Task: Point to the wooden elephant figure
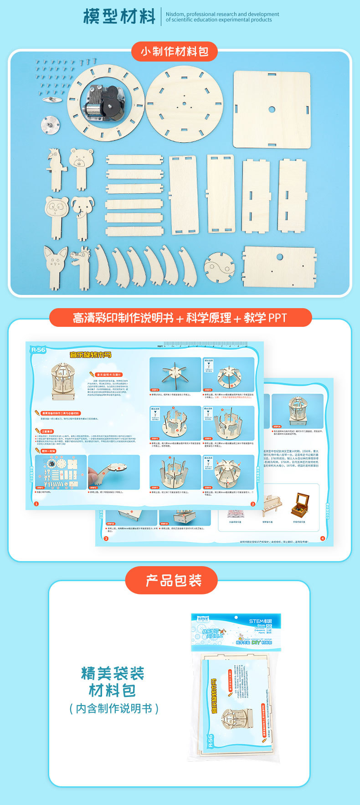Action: [x=82, y=214]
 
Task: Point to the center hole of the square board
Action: [x=272, y=109]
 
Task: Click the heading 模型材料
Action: [x=120, y=16]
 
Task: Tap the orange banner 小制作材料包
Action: [x=175, y=51]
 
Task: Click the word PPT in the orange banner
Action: [x=277, y=318]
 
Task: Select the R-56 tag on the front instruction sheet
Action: [x=38, y=350]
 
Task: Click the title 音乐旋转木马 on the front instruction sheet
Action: [x=90, y=355]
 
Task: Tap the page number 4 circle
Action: [x=323, y=538]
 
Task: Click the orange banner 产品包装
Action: [x=174, y=580]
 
